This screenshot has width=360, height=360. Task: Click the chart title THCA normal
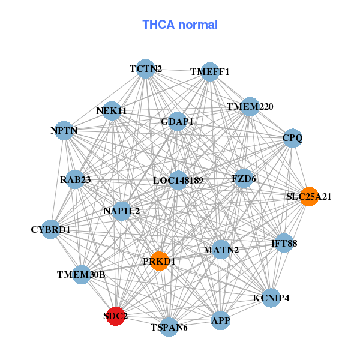pos(179,25)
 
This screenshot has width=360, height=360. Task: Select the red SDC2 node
pos(116,316)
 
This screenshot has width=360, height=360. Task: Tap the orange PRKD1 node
pos(159,261)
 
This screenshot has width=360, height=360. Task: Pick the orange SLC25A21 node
pos(309,196)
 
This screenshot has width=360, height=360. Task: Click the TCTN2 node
pos(145,69)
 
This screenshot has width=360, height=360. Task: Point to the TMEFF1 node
pos(209,72)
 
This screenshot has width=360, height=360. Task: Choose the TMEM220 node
pos(250,107)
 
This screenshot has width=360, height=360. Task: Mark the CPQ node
pos(292,138)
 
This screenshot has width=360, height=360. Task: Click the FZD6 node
pos(244,178)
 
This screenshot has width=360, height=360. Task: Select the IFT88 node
pos(284,243)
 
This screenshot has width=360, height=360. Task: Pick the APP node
pos(221,321)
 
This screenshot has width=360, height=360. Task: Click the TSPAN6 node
pos(169,327)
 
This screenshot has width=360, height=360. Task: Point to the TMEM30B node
pos(82,274)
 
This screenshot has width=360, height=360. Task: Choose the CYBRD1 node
pos(51,229)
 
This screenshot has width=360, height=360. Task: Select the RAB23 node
pos(75,179)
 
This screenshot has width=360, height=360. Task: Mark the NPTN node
pos(64,130)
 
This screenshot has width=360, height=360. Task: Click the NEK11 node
pos(112,111)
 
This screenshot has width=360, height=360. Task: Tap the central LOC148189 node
pos(178,180)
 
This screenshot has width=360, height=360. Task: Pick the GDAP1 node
pos(178,122)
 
